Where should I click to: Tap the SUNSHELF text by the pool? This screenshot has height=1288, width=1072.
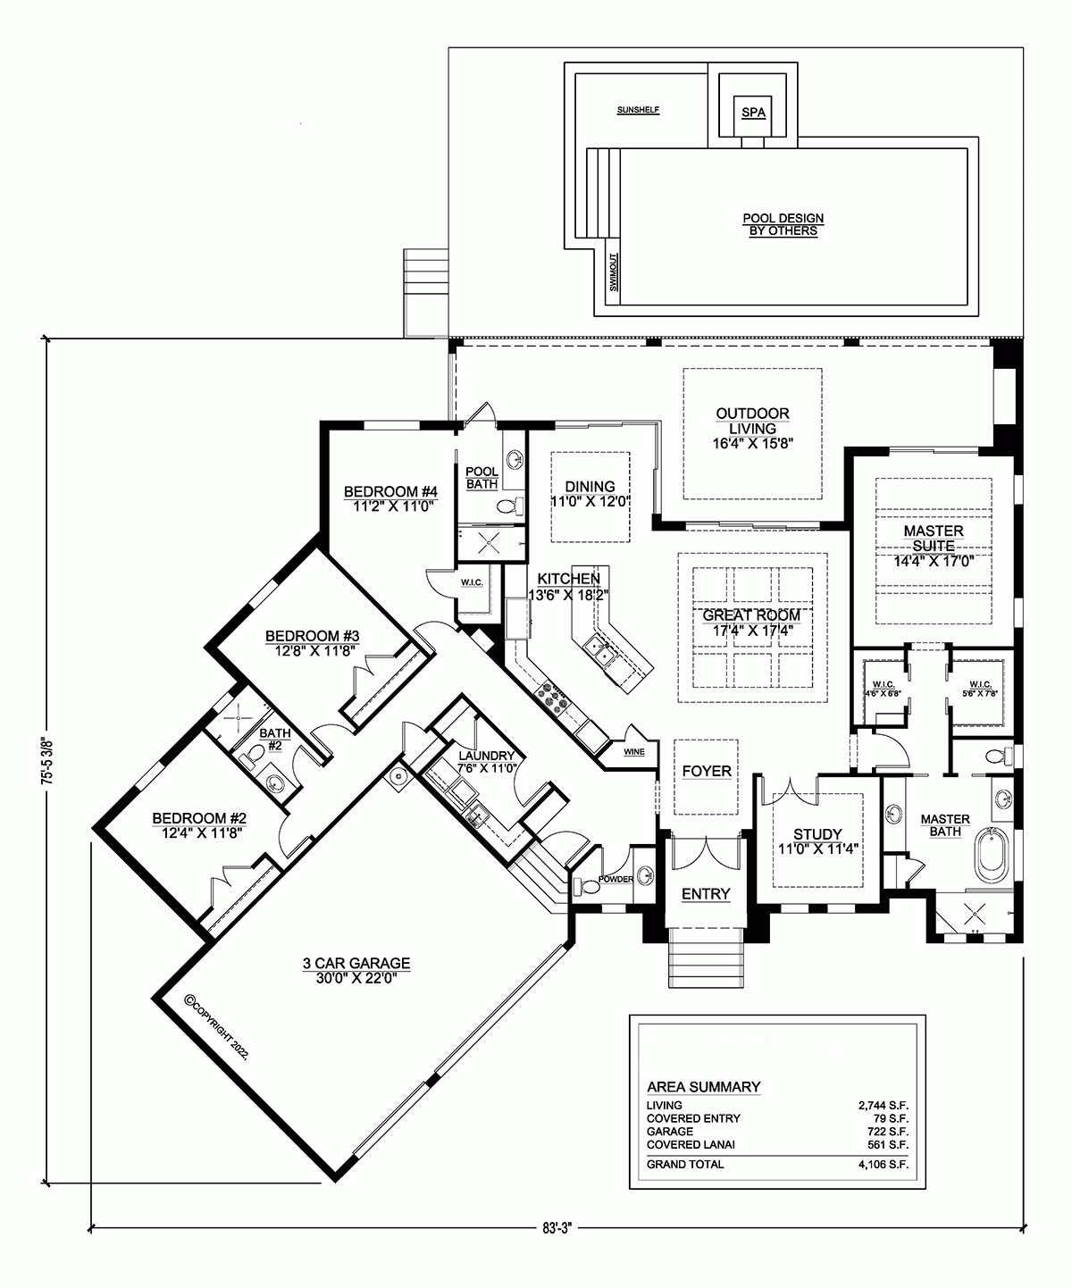(638, 111)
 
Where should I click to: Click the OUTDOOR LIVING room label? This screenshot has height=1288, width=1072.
(752, 421)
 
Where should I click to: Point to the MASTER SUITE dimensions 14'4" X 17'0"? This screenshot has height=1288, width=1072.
(933, 561)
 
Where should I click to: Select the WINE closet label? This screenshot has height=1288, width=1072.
(633, 752)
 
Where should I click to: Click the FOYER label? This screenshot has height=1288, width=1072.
(706, 771)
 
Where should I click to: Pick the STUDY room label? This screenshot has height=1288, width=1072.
(817, 835)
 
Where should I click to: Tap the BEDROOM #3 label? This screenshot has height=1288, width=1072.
(312, 636)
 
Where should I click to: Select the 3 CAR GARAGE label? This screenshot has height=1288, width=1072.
(356, 963)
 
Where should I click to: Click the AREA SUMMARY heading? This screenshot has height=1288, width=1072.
(703, 1087)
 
